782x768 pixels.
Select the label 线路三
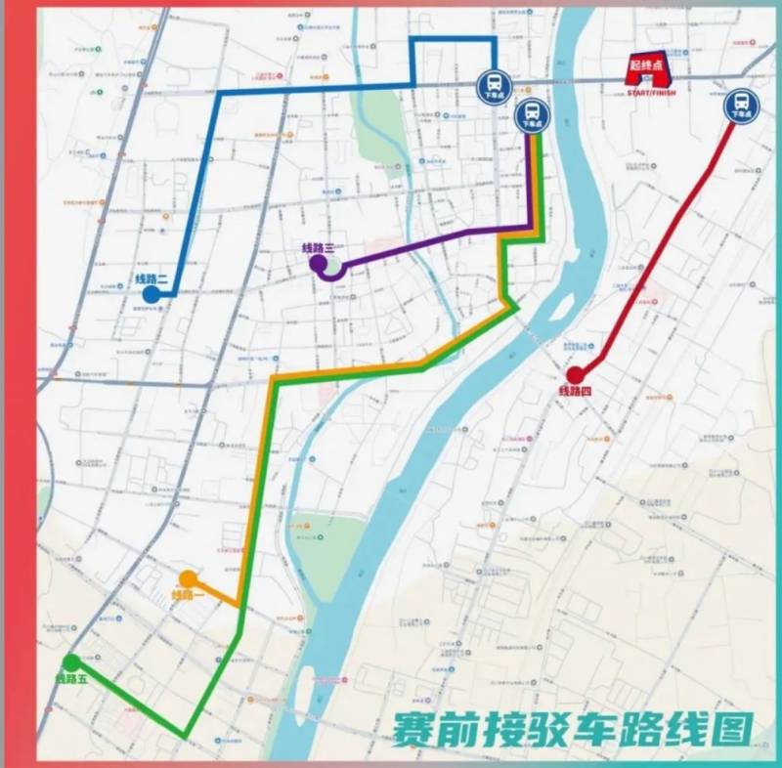[x=319, y=247]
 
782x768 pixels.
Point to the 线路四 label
[x=576, y=392]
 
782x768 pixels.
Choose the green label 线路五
[x=71, y=678]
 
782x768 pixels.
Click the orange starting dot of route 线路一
[x=187, y=578]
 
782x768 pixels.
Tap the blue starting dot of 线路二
[x=151, y=294]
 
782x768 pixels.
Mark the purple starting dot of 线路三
[x=318, y=263]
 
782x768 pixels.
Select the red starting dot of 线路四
[x=575, y=374]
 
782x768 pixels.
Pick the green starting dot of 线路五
[x=71, y=662]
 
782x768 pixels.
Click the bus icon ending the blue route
[x=493, y=86]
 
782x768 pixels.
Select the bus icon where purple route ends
[x=532, y=115]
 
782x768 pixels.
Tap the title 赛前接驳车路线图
[x=572, y=728]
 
